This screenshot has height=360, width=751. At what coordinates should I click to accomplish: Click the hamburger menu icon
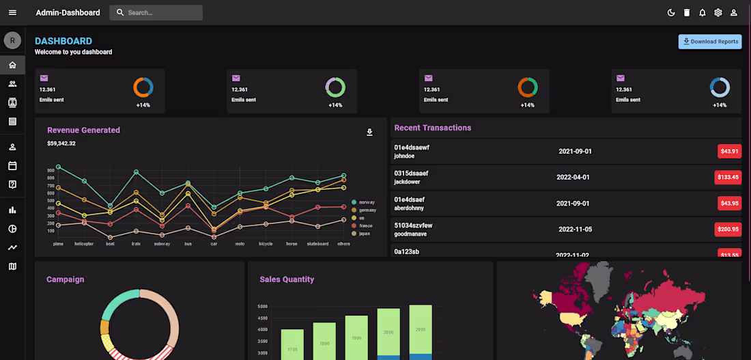12,12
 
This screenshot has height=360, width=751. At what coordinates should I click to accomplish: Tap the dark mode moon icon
671,12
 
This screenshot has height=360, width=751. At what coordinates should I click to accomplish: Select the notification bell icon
702,12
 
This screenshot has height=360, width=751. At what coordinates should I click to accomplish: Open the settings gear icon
718,12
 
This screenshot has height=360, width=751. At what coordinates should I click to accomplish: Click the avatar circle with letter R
12,41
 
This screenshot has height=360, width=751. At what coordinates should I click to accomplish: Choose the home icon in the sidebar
12,65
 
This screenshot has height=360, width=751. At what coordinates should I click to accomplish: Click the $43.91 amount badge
729,151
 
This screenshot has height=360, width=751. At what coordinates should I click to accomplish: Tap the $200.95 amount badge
728,229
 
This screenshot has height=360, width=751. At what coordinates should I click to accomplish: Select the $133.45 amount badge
728,177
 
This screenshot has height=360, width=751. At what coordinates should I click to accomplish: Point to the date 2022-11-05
575,230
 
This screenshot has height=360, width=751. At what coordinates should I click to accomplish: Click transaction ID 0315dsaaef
411,174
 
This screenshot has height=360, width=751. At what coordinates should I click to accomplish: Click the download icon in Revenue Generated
370,133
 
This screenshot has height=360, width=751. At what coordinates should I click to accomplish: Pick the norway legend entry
367,202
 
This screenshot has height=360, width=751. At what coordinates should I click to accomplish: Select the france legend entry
365,225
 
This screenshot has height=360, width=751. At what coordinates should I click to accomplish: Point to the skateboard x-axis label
317,244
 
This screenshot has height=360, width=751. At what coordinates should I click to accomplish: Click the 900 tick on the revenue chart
51,170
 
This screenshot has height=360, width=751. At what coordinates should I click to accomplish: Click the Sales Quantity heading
287,279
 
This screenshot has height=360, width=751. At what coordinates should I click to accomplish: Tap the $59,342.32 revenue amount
61,143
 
